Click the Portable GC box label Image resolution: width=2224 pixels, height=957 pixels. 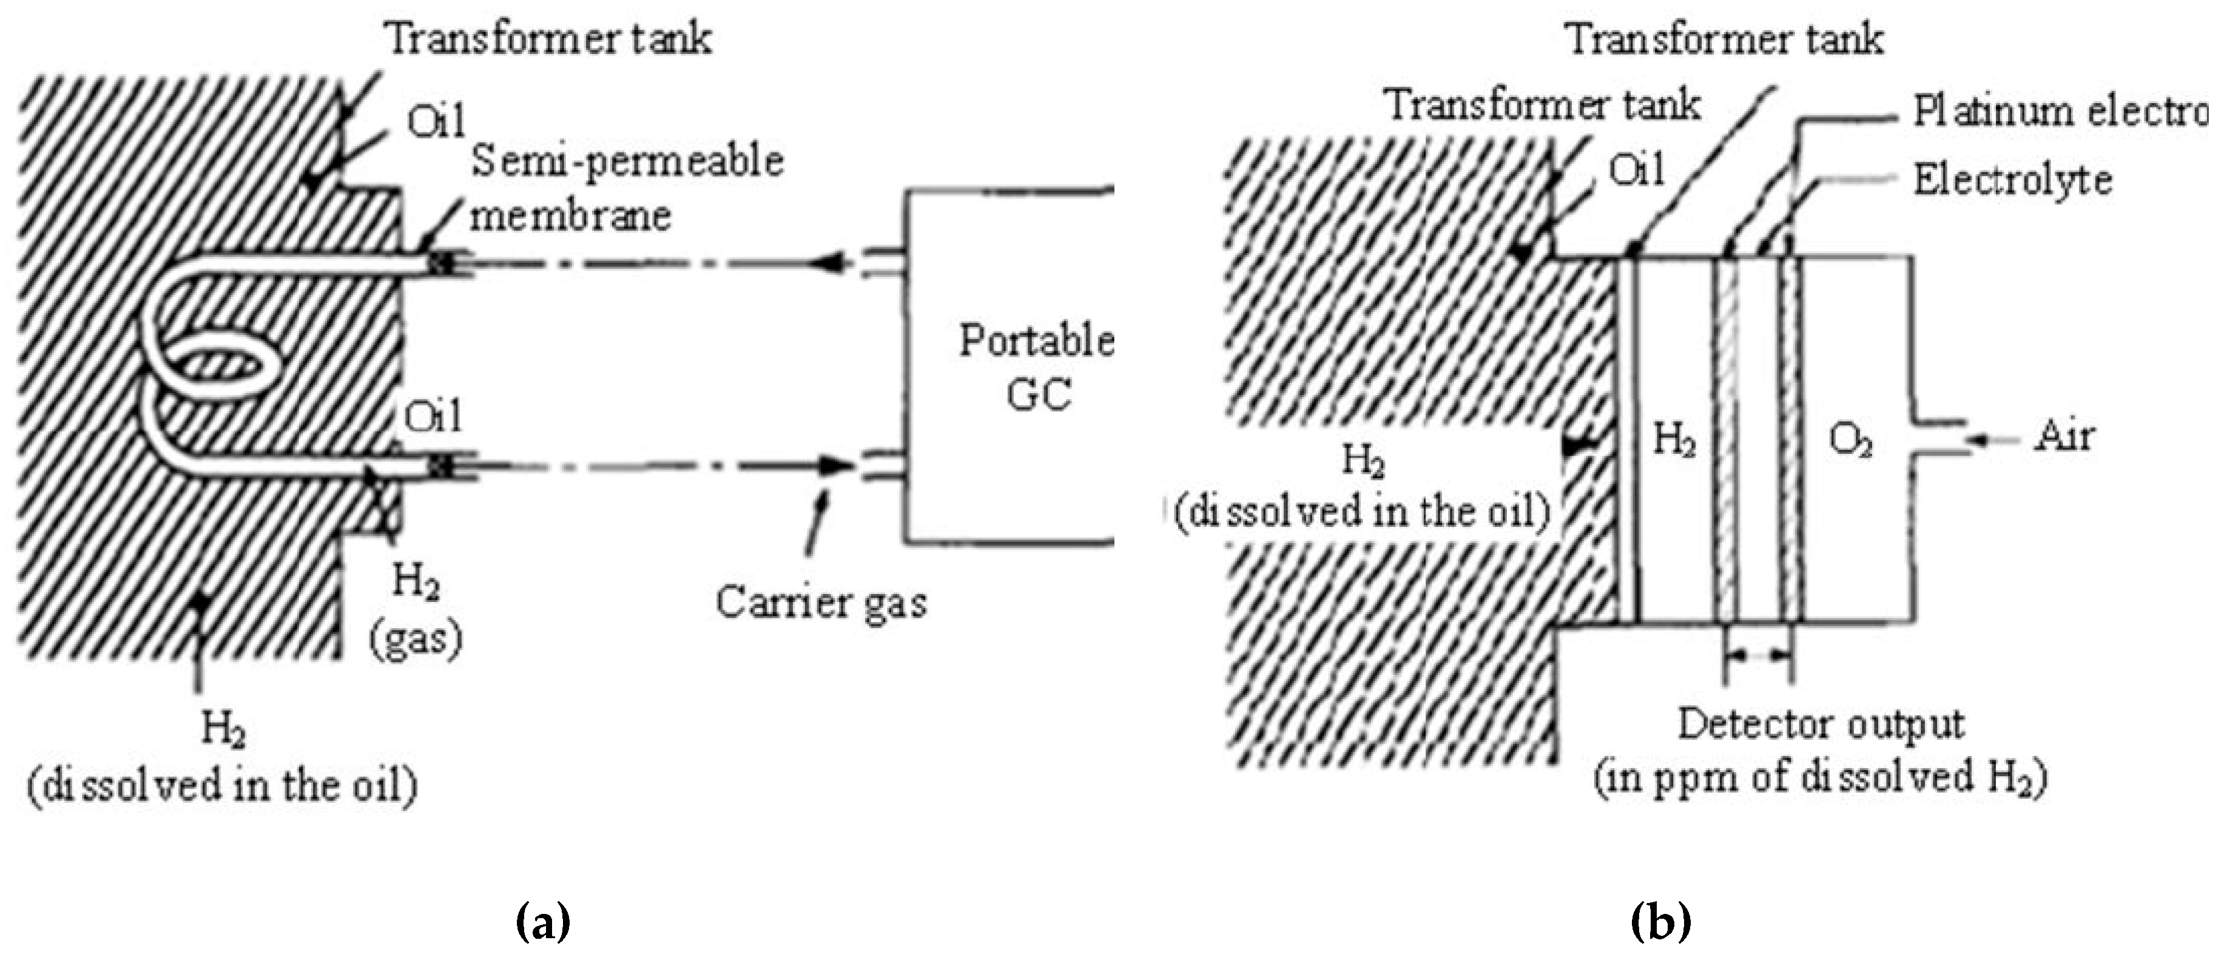point(1037,367)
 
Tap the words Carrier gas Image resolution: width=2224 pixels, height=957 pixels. point(821,602)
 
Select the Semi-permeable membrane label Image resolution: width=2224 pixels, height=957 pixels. point(626,188)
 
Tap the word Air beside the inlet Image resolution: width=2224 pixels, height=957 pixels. point(2064,437)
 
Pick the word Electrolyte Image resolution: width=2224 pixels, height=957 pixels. point(2012,180)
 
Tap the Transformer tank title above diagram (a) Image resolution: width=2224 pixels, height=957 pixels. point(548,39)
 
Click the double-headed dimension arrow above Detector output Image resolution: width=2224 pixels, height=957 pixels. point(1758,657)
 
